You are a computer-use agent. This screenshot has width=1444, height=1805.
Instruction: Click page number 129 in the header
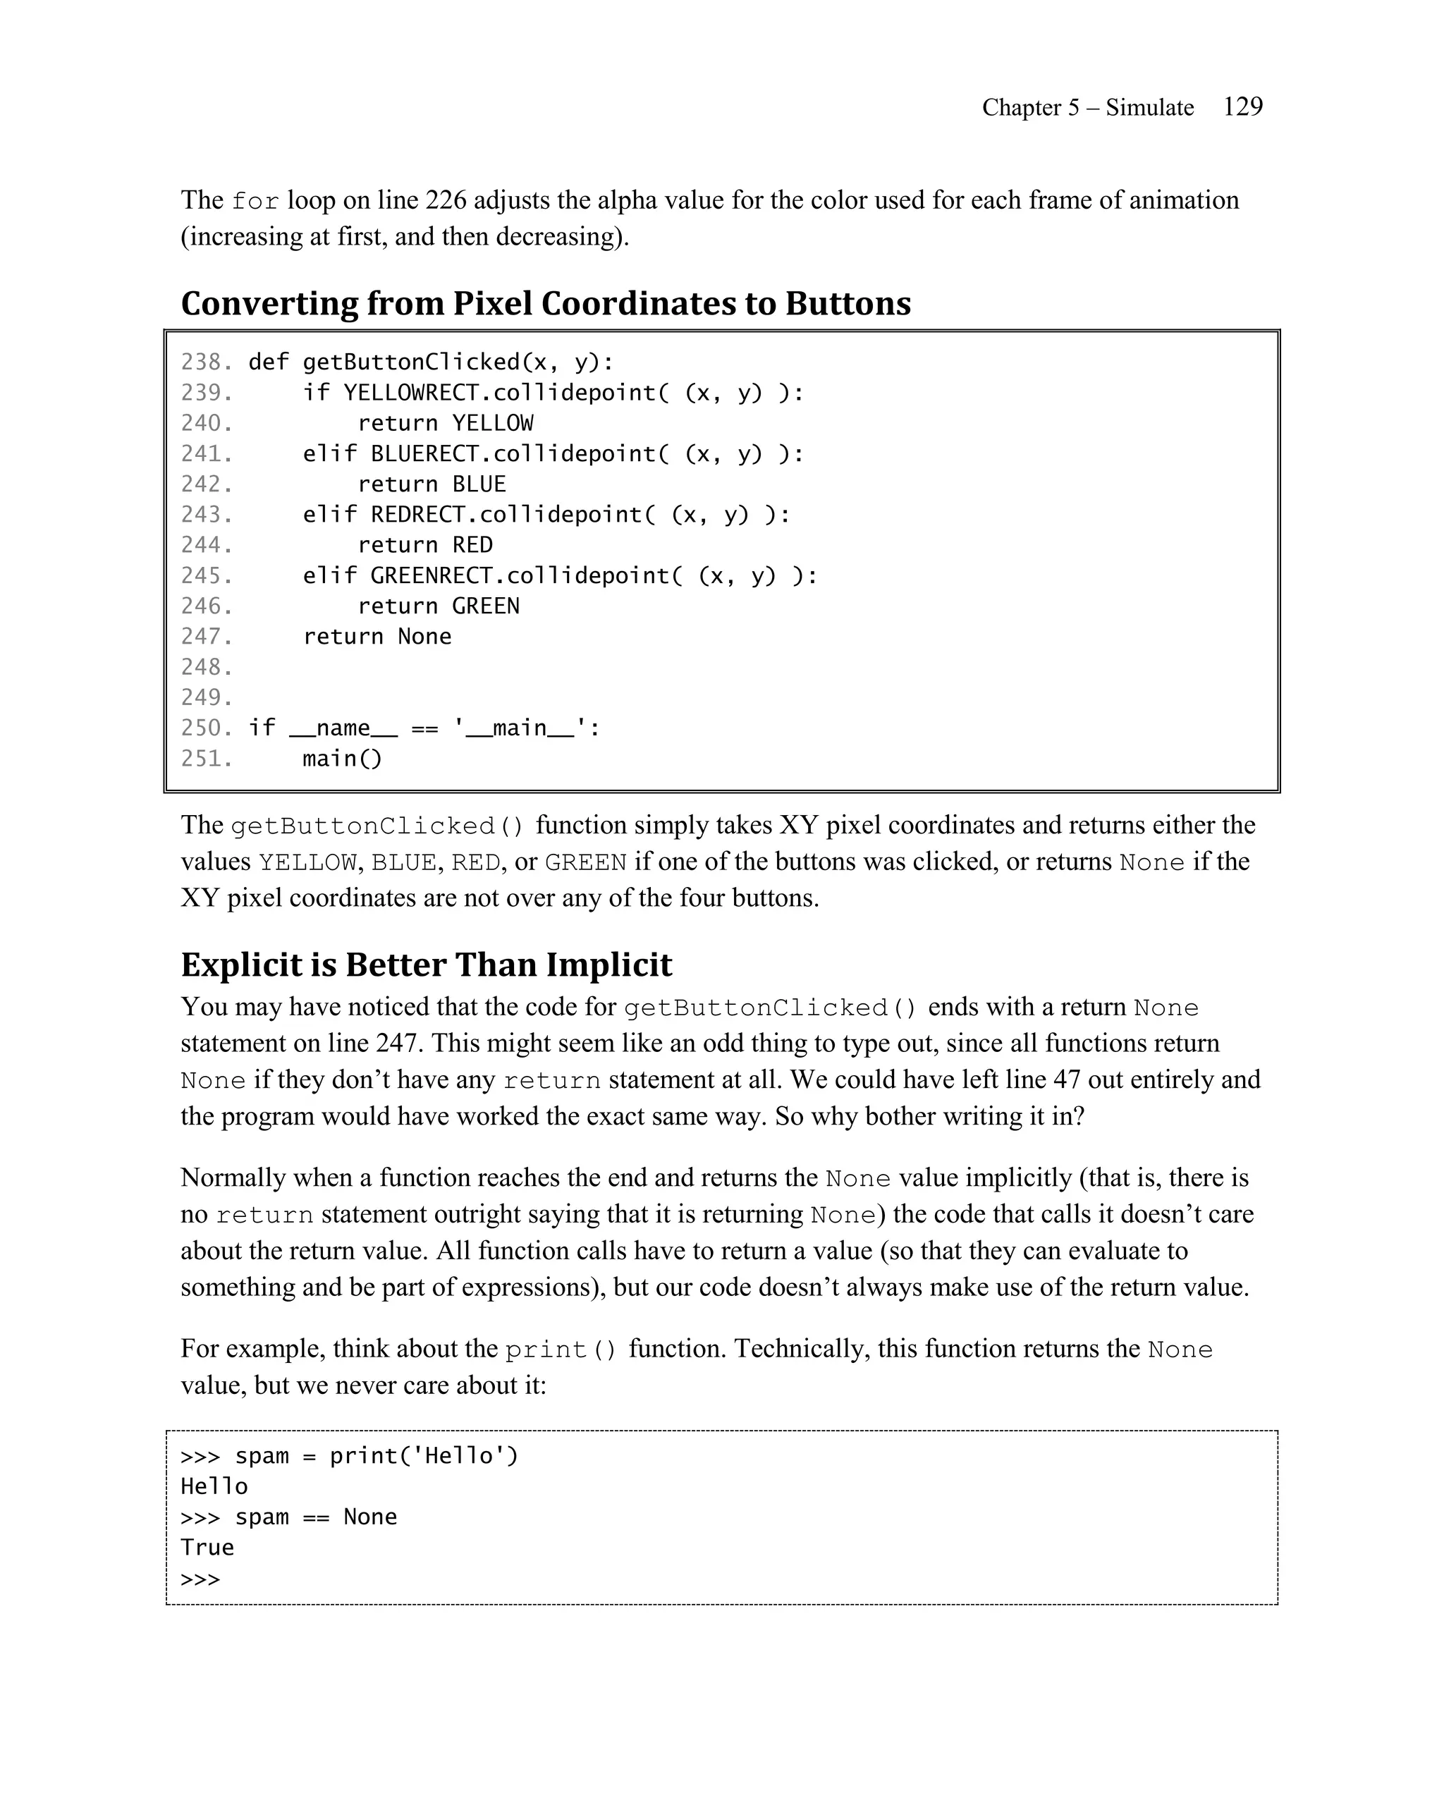coord(1242,106)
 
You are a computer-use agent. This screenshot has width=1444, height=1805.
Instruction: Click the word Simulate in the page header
coord(1149,107)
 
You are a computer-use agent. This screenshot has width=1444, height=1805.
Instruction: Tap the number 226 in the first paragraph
coord(446,200)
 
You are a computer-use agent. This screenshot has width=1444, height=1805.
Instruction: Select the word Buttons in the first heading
coord(847,303)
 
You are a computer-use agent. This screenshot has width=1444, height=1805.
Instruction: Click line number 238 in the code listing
coord(205,362)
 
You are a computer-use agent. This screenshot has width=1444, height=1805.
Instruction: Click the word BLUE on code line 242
coord(479,484)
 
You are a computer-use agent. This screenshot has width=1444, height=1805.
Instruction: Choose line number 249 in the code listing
coord(205,697)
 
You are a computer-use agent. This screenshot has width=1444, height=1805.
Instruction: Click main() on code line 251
coord(341,759)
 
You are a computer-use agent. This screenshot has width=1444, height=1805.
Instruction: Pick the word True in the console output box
coord(207,1547)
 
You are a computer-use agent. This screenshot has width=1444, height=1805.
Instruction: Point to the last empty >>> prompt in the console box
coord(200,1579)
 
